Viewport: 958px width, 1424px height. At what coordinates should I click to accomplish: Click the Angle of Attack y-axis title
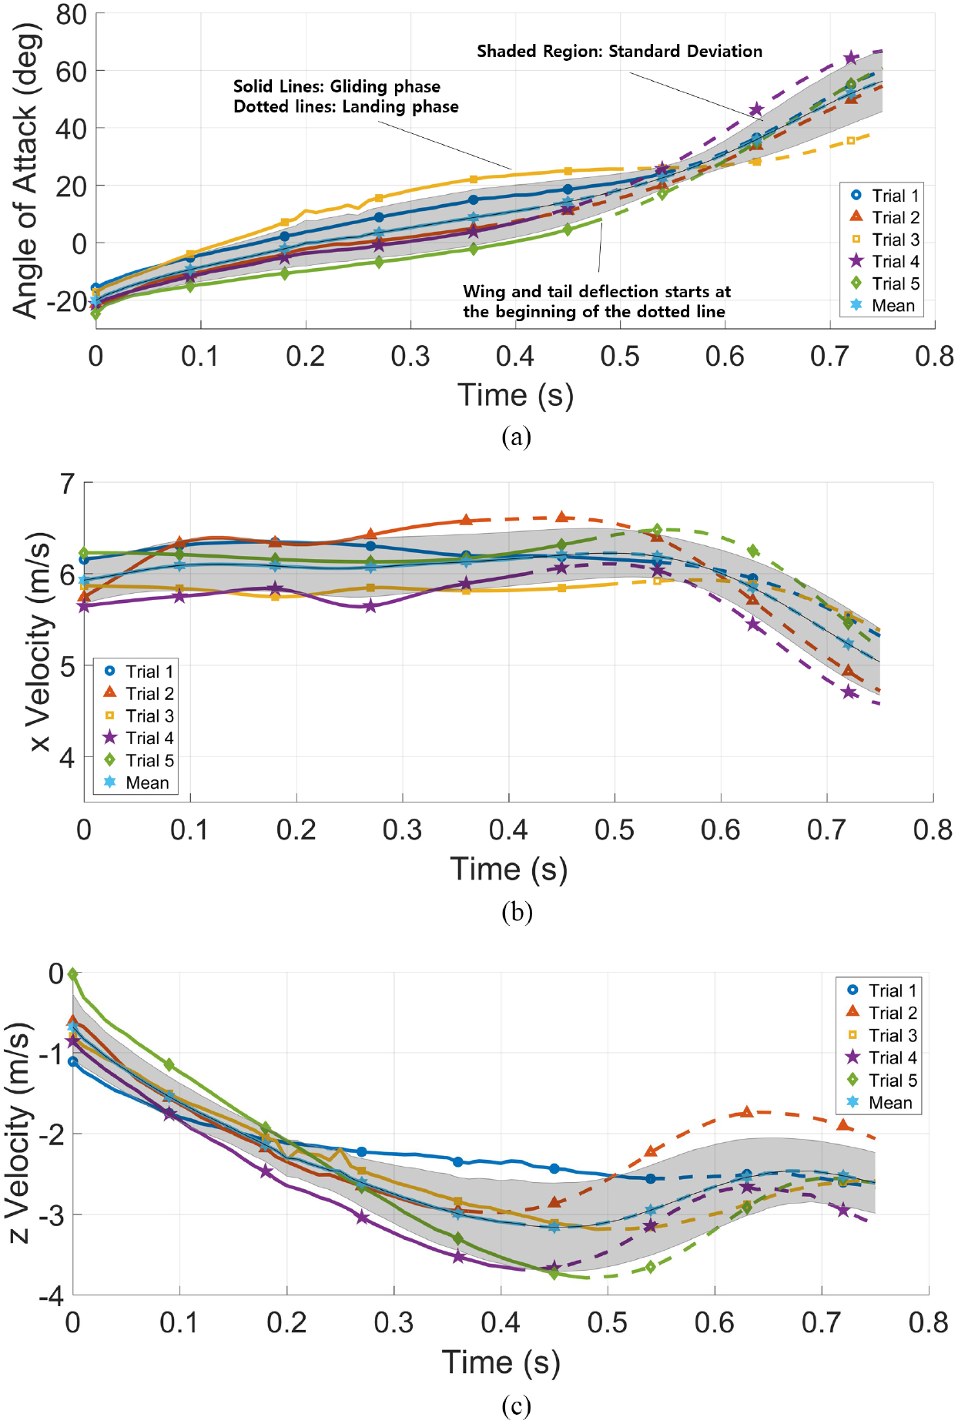(25, 171)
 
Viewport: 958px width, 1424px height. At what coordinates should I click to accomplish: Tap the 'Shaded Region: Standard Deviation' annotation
(619, 52)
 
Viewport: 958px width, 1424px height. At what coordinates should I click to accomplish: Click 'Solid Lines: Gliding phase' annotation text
(337, 86)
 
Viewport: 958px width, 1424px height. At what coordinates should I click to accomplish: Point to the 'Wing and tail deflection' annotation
(596, 301)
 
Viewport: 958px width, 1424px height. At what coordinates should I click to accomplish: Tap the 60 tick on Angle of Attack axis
(71, 72)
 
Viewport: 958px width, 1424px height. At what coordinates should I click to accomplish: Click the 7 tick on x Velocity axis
(68, 484)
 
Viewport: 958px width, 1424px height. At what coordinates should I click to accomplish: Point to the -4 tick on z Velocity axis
(51, 1296)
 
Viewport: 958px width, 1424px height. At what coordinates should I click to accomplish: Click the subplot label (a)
(516, 437)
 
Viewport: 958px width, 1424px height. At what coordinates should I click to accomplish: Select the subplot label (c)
(516, 1406)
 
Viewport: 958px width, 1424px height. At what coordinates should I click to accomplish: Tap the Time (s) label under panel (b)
(508, 869)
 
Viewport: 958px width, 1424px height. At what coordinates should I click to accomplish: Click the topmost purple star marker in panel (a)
(850, 59)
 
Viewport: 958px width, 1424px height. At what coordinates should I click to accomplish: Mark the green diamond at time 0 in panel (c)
(73, 974)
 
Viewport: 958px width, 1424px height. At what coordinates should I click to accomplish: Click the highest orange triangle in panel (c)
(746, 1112)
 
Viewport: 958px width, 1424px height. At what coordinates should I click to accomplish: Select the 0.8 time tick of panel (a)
(933, 357)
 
